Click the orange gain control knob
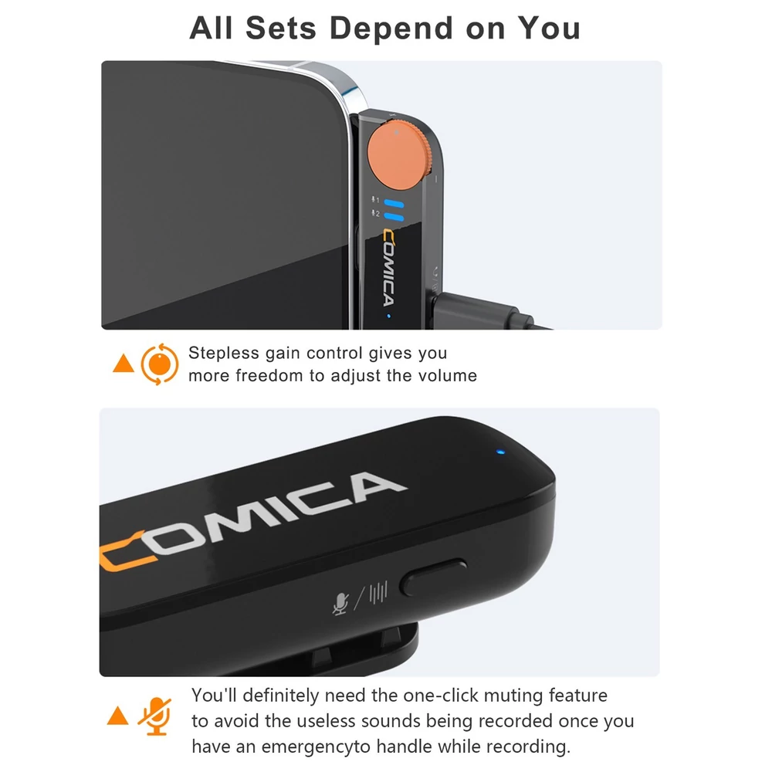[x=400, y=156]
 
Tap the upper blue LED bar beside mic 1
[x=394, y=204]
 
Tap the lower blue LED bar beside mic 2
[x=394, y=217]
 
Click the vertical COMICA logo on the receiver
[x=389, y=269]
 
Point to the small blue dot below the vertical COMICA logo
[x=389, y=316]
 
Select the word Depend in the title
[x=391, y=29]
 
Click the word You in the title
[x=550, y=28]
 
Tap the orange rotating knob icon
[x=160, y=364]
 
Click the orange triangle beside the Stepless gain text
[x=123, y=364]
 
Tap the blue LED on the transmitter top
[x=501, y=452]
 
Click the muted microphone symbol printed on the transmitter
[x=340, y=604]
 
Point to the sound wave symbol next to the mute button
[x=378, y=592]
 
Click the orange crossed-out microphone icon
[x=155, y=717]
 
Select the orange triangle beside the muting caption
[x=117, y=716]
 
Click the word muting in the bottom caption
[x=513, y=696]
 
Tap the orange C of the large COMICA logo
[x=126, y=551]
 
